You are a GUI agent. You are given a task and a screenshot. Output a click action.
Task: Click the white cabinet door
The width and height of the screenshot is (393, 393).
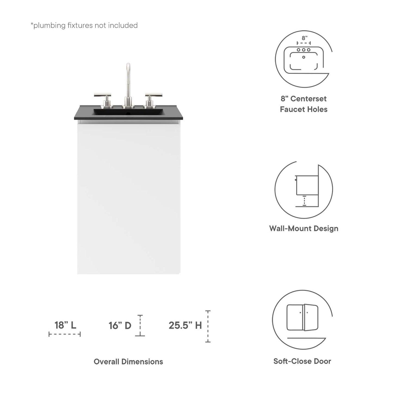point(129,199)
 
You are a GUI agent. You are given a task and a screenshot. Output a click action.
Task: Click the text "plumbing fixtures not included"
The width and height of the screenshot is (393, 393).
point(85,26)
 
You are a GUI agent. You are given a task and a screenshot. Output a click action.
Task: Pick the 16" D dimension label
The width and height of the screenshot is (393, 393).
point(120,326)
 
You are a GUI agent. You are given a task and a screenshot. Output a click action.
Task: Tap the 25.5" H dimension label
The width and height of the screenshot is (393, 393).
point(185,326)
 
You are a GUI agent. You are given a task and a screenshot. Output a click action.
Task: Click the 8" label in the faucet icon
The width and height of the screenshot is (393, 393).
point(305,38)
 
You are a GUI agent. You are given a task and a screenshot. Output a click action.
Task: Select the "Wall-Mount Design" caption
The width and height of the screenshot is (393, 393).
point(304,229)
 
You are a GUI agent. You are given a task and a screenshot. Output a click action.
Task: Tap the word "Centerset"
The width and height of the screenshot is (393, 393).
point(308,99)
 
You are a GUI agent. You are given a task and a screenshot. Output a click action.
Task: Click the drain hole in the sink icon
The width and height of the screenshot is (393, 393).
point(304,57)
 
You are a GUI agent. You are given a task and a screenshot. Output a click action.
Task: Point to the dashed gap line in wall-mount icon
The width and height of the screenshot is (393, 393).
point(304,201)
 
